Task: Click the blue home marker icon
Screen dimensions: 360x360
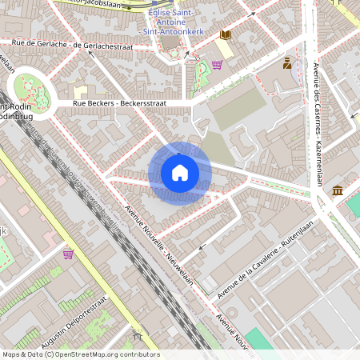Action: [179, 173]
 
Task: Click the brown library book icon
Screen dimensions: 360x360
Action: [226, 34]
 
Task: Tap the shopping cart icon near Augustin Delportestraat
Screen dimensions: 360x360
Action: [68, 254]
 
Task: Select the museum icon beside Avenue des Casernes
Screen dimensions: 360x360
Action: [337, 190]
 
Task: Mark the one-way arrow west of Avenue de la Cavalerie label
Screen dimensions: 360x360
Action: [202, 246]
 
